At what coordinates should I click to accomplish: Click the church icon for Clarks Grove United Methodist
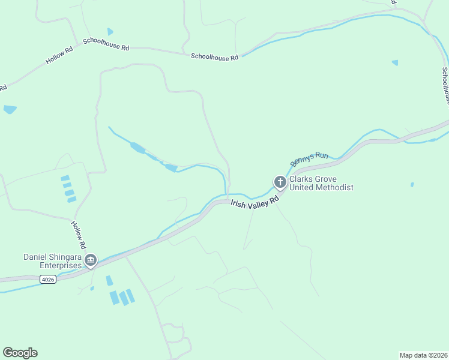coord(280,182)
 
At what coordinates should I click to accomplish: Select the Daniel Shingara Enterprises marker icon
coord(91,260)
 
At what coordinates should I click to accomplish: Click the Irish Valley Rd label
coord(256,202)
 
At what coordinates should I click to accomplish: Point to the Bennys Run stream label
coord(310,159)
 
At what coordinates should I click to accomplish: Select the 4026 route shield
coord(48,279)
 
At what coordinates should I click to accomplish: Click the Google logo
coord(20,353)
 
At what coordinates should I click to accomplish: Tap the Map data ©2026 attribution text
coord(423,355)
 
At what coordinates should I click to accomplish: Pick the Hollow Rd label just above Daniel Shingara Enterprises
coord(79,235)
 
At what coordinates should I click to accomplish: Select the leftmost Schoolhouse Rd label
coord(106,43)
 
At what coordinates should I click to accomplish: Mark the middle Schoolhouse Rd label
coord(214,56)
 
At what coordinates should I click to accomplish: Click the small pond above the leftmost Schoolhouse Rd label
coord(110,31)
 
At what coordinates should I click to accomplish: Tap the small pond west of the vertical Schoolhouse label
coord(394,62)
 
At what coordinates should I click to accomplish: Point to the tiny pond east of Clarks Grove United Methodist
coord(412,184)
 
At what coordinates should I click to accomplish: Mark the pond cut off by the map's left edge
coord(9,109)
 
